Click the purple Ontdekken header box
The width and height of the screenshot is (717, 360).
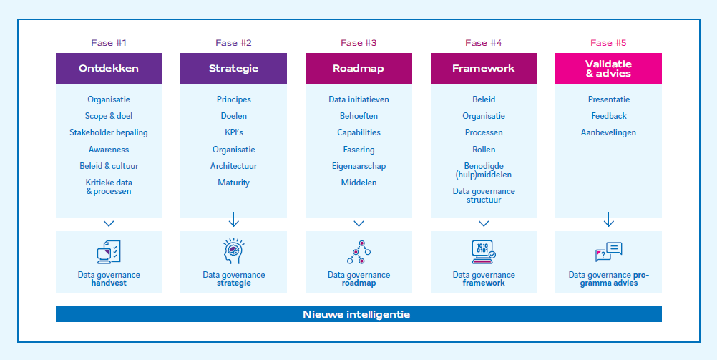109,69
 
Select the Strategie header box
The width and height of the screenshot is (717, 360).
233,69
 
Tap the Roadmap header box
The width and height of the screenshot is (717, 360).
358,69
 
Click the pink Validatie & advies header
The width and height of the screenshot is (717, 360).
608,69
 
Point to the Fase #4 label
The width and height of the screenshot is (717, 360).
484,43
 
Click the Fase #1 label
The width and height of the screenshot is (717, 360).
109,43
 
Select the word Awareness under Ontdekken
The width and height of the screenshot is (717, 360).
109,150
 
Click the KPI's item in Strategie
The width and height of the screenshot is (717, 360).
233,132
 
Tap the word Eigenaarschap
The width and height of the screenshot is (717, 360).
358,166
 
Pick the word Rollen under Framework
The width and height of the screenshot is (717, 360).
484,150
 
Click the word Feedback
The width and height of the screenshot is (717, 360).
608,116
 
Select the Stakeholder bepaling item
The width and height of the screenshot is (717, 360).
109,132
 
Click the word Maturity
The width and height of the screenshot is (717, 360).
233,183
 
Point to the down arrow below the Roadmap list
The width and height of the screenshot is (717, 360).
358,218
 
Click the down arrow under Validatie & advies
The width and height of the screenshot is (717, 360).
608,218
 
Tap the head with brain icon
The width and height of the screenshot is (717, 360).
233,251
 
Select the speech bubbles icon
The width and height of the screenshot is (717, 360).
608,251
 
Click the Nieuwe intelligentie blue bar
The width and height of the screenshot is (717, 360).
358,314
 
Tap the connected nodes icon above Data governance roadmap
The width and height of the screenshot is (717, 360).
358,252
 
